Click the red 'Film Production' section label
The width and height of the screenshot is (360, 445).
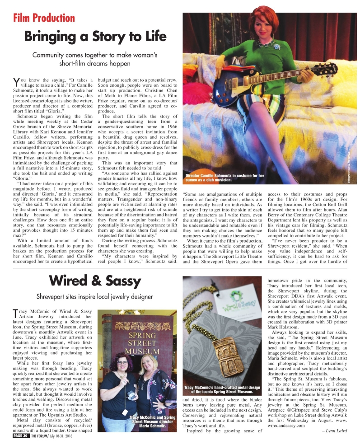click(x=44, y=18)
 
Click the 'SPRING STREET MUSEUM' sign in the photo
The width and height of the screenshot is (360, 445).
click(x=142, y=343)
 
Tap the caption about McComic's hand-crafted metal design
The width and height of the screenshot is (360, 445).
click(x=223, y=390)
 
